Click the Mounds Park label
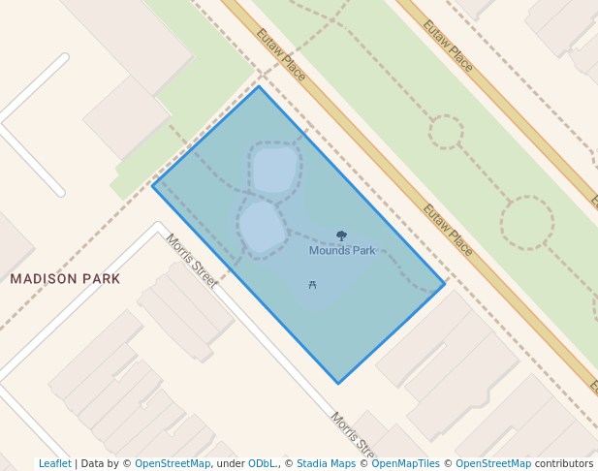pyautogui.click(x=342, y=251)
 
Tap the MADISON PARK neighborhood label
pyautogui.click(x=65, y=279)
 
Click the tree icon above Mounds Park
pyautogui.click(x=341, y=235)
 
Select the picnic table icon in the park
pyautogui.click(x=312, y=285)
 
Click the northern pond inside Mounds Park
pyautogui.click(x=273, y=171)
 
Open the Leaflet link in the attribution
pyautogui.click(x=54, y=463)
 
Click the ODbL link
pyautogui.click(x=263, y=463)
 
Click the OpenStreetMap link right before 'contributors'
pyautogui.click(x=493, y=463)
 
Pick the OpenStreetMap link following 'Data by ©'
pyautogui.click(x=173, y=463)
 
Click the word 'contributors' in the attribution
pyautogui.click(x=564, y=463)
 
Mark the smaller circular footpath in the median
pyautogui.click(x=446, y=132)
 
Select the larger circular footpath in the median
pyautogui.click(x=527, y=222)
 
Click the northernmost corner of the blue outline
pyautogui.click(x=259, y=86)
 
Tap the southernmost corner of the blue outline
pyautogui.click(x=338, y=384)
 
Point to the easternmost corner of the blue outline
pyautogui.click(x=445, y=284)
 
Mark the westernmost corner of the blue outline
pyautogui.click(x=153, y=185)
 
